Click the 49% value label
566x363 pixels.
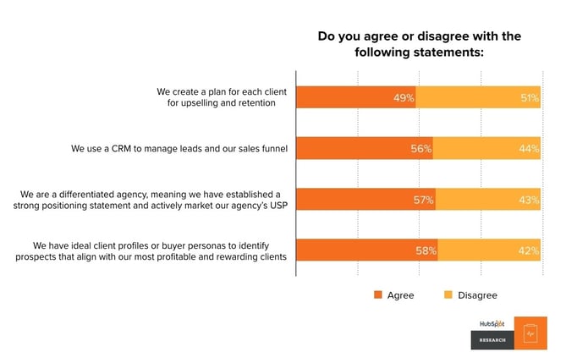pos(404,97)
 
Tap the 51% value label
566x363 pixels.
pos(530,97)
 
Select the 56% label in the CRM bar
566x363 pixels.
pos(420,148)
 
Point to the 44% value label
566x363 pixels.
pos(529,148)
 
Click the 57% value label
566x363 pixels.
pos(423,200)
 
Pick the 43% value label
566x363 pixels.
pos(529,200)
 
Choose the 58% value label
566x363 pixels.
pos(426,250)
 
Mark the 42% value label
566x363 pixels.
pos(529,250)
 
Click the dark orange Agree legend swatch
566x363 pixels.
pos(378,294)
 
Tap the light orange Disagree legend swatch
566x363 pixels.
pos(448,294)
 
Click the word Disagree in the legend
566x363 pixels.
pos(477,295)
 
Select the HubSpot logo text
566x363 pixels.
pos(492,323)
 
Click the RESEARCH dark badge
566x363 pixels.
pos(492,340)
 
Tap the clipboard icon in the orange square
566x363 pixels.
pos(530,333)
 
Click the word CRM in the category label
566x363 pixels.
pos(121,149)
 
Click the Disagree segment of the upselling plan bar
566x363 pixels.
pos(478,97)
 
